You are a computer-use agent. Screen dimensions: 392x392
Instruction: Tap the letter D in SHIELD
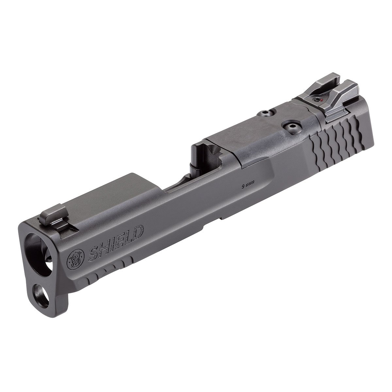[x=136, y=233]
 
